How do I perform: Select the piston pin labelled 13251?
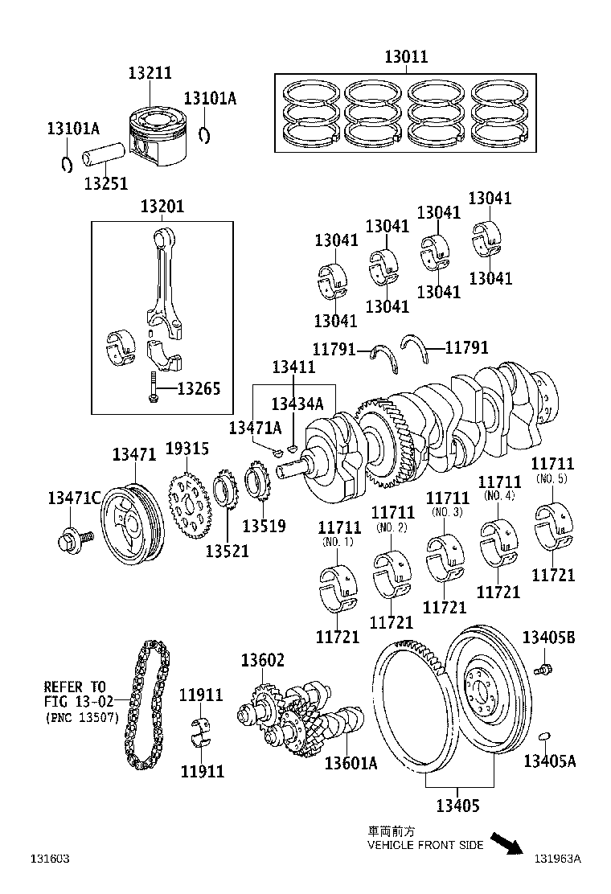(109, 154)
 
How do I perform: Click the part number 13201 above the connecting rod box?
(162, 207)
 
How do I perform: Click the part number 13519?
(264, 527)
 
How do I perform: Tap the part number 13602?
(262, 661)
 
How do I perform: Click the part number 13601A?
(351, 763)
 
